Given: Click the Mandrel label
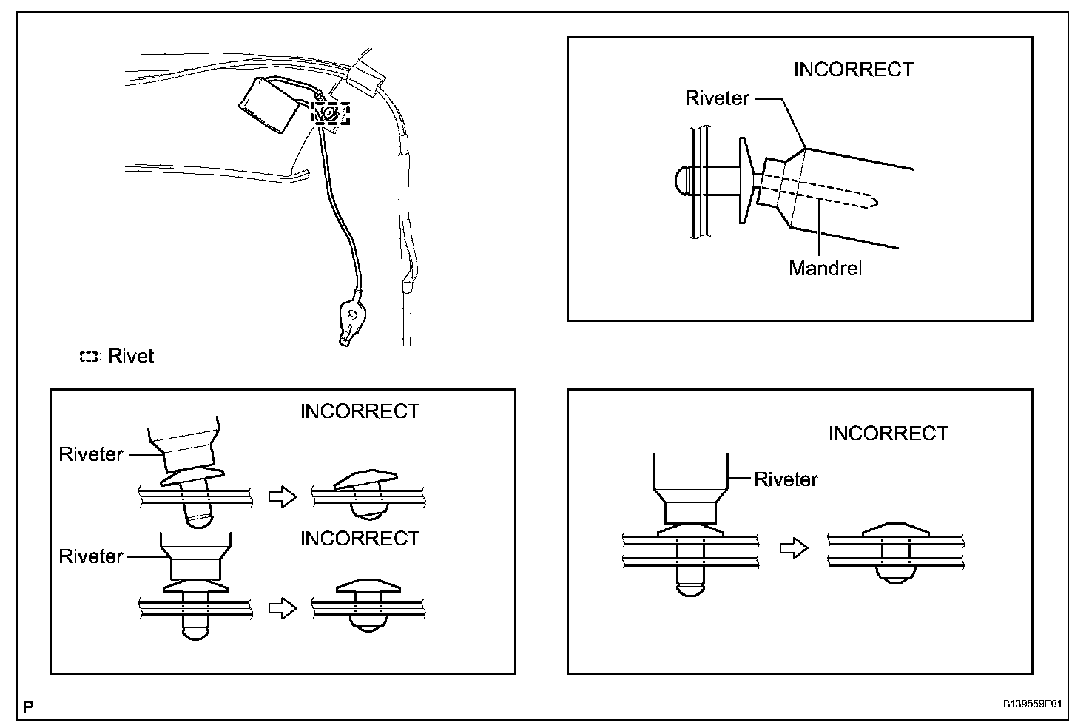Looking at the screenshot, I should (x=825, y=267).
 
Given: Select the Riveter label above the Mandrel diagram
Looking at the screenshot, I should (x=717, y=98).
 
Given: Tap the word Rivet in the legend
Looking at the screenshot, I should (x=131, y=357).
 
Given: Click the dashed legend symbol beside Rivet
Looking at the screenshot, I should (x=89, y=357).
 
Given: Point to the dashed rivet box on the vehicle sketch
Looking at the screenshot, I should (x=330, y=113).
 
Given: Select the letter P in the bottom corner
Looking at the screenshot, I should (x=28, y=707).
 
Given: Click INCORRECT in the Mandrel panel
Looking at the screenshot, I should (x=853, y=70).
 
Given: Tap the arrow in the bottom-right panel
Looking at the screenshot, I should (x=795, y=548).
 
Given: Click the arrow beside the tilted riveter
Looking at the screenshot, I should (x=281, y=496).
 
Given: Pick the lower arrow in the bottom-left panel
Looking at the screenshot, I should (x=281, y=607).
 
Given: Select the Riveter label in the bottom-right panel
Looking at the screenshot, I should (x=786, y=479).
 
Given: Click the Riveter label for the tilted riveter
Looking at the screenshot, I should (x=91, y=454).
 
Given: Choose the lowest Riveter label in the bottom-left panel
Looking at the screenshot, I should (x=91, y=556).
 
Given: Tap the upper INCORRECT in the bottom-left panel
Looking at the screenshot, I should (x=360, y=411).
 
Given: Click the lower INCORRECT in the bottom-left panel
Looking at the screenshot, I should (x=360, y=539).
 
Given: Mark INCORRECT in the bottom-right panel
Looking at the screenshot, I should (x=888, y=434).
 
